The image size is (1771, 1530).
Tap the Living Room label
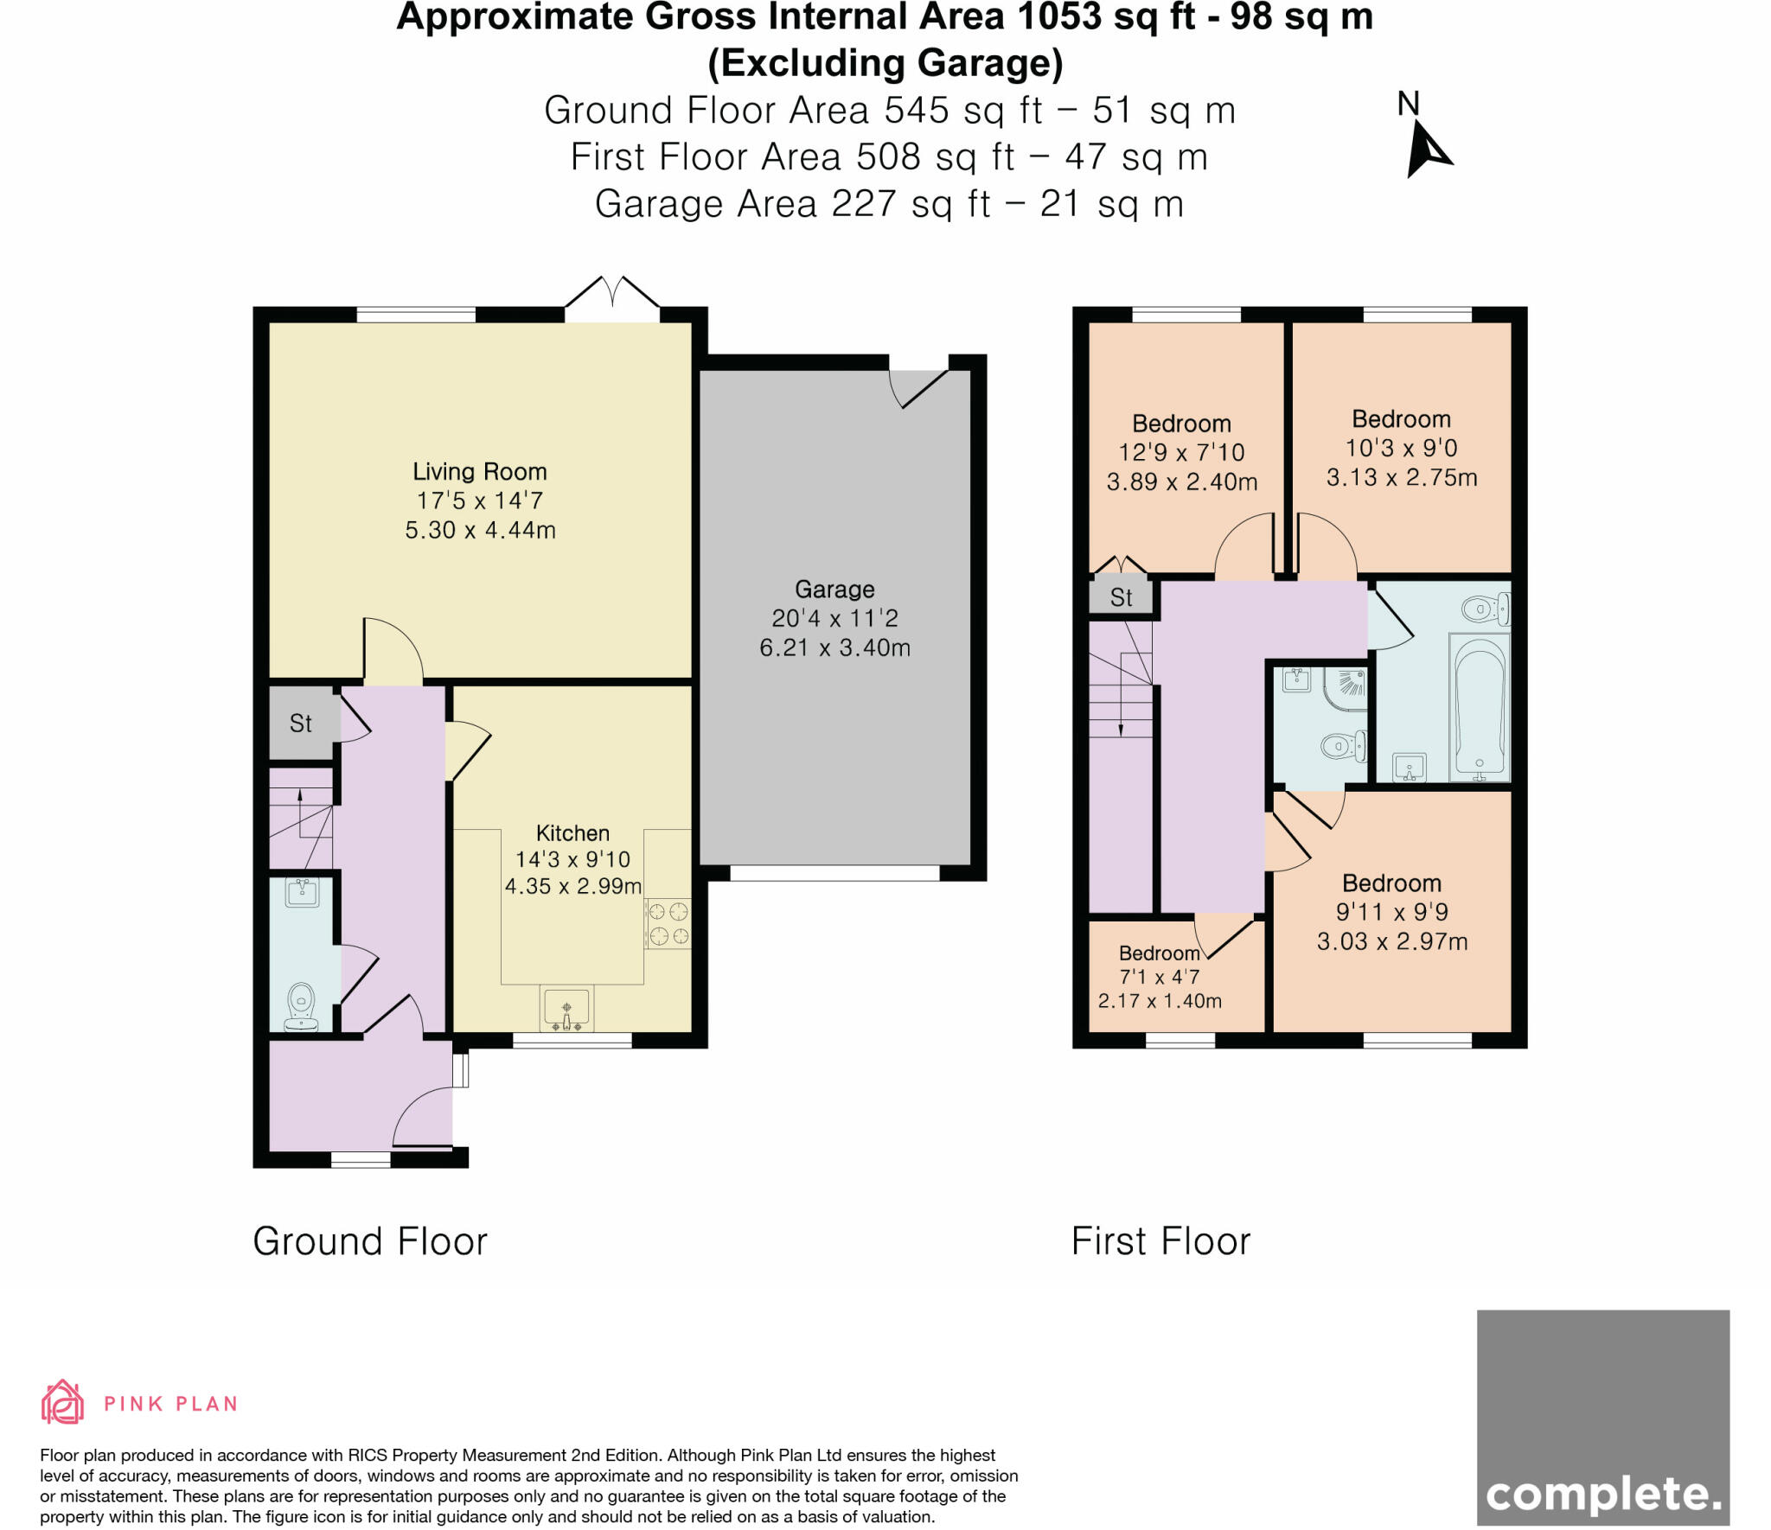coord(479,472)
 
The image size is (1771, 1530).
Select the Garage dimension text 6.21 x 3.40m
coord(834,647)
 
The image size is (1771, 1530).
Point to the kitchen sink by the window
coord(566,1009)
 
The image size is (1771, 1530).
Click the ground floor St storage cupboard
coord(300,723)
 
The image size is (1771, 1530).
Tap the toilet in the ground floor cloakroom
coord(300,1004)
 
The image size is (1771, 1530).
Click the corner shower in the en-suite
coord(1347,688)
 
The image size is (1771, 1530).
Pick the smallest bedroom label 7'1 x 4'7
coord(1159,978)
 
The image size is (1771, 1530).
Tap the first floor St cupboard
coord(1121,597)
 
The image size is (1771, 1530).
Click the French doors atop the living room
coord(612,298)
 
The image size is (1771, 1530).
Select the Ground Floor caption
coord(370,1241)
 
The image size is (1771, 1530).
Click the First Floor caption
coord(1160,1241)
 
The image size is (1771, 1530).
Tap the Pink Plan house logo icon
coord(62,1402)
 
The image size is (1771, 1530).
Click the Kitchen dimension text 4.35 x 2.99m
coord(572,886)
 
